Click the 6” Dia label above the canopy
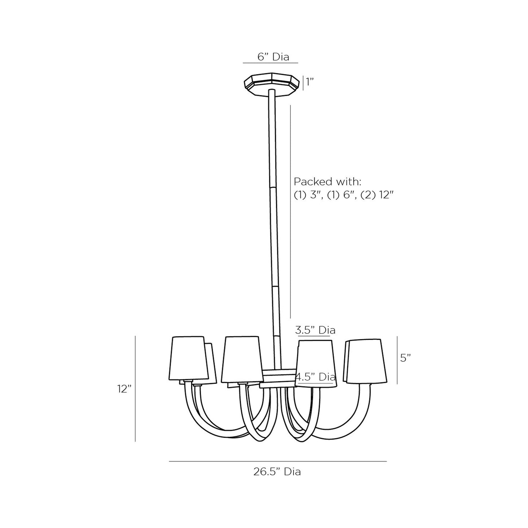(273, 57)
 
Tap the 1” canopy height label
(310, 82)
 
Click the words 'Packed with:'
(327, 182)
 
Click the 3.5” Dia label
(315, 330)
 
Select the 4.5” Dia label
(315, 377)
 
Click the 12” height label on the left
(124, 389)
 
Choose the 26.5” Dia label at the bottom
(277, 472)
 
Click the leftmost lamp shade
(189, 358)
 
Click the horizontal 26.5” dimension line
(278, 461)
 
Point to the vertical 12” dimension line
(136, 389)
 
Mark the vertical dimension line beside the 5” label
(397, 360)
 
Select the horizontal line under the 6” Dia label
(270, 63)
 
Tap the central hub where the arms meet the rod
(278, 378)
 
